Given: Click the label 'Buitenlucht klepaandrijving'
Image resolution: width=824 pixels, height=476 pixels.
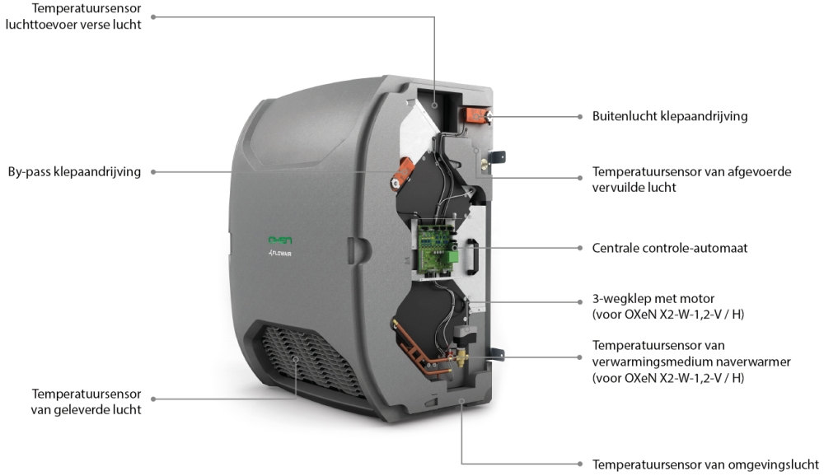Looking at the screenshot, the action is pyautogui.click(x=669, y=116).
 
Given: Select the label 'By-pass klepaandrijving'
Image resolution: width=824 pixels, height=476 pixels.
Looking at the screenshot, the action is pyautogui.click(x=74, y=172).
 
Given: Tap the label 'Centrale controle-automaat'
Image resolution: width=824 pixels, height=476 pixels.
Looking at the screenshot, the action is pyautogui.click(x=669, y=248).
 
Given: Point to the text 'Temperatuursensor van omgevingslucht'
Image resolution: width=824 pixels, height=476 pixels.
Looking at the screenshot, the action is pyautogui.click(x=705, y=464).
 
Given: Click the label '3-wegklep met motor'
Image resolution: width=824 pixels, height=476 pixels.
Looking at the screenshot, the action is pyautogui.click(x=653, y=298).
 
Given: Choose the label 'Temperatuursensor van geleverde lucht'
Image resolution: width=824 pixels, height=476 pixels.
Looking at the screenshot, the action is pyautogui.click(x=87, y=401).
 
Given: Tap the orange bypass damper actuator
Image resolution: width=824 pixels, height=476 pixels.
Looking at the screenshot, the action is pyautogui.click(x=403, y=174).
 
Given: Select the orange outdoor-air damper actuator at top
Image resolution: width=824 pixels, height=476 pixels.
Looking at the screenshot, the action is pyautogui.click(x=475, y=114).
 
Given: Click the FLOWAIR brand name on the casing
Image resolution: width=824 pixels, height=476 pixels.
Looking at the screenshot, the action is pyautogui.click(x=280, y=254).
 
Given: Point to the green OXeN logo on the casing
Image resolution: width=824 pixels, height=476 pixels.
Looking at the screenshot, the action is pyautogui.click(x=280, y=240).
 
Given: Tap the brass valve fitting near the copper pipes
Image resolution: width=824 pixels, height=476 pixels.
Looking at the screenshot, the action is pyautogui.click(x=461, y=357).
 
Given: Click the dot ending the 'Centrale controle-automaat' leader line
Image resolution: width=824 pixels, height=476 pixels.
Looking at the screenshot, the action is pyautogui.click(x=580, y=248).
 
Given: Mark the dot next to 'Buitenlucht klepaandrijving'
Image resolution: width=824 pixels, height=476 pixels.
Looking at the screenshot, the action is pyautogui.click(x=580, y=117).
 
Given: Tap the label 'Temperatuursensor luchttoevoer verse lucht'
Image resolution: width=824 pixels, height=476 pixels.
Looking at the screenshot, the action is pyautogui.click(x=73, y=16).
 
